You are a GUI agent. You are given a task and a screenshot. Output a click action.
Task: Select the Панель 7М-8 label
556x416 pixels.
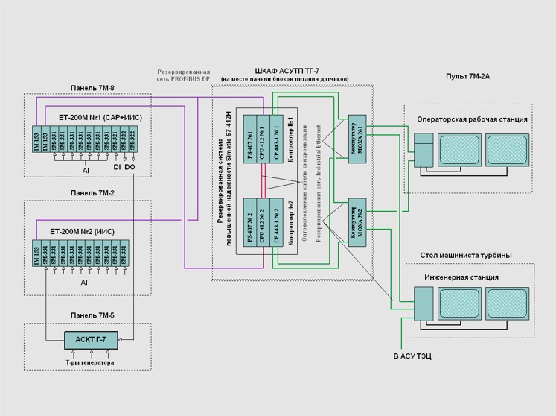[x=91, y=88]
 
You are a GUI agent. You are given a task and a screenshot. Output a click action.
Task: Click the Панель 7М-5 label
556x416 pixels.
[x=91, y=315]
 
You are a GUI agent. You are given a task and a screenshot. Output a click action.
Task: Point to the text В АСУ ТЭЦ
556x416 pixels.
[x=412, y=357]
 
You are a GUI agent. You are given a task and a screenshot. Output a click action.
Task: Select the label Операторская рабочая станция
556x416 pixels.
[x=473, y=119]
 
